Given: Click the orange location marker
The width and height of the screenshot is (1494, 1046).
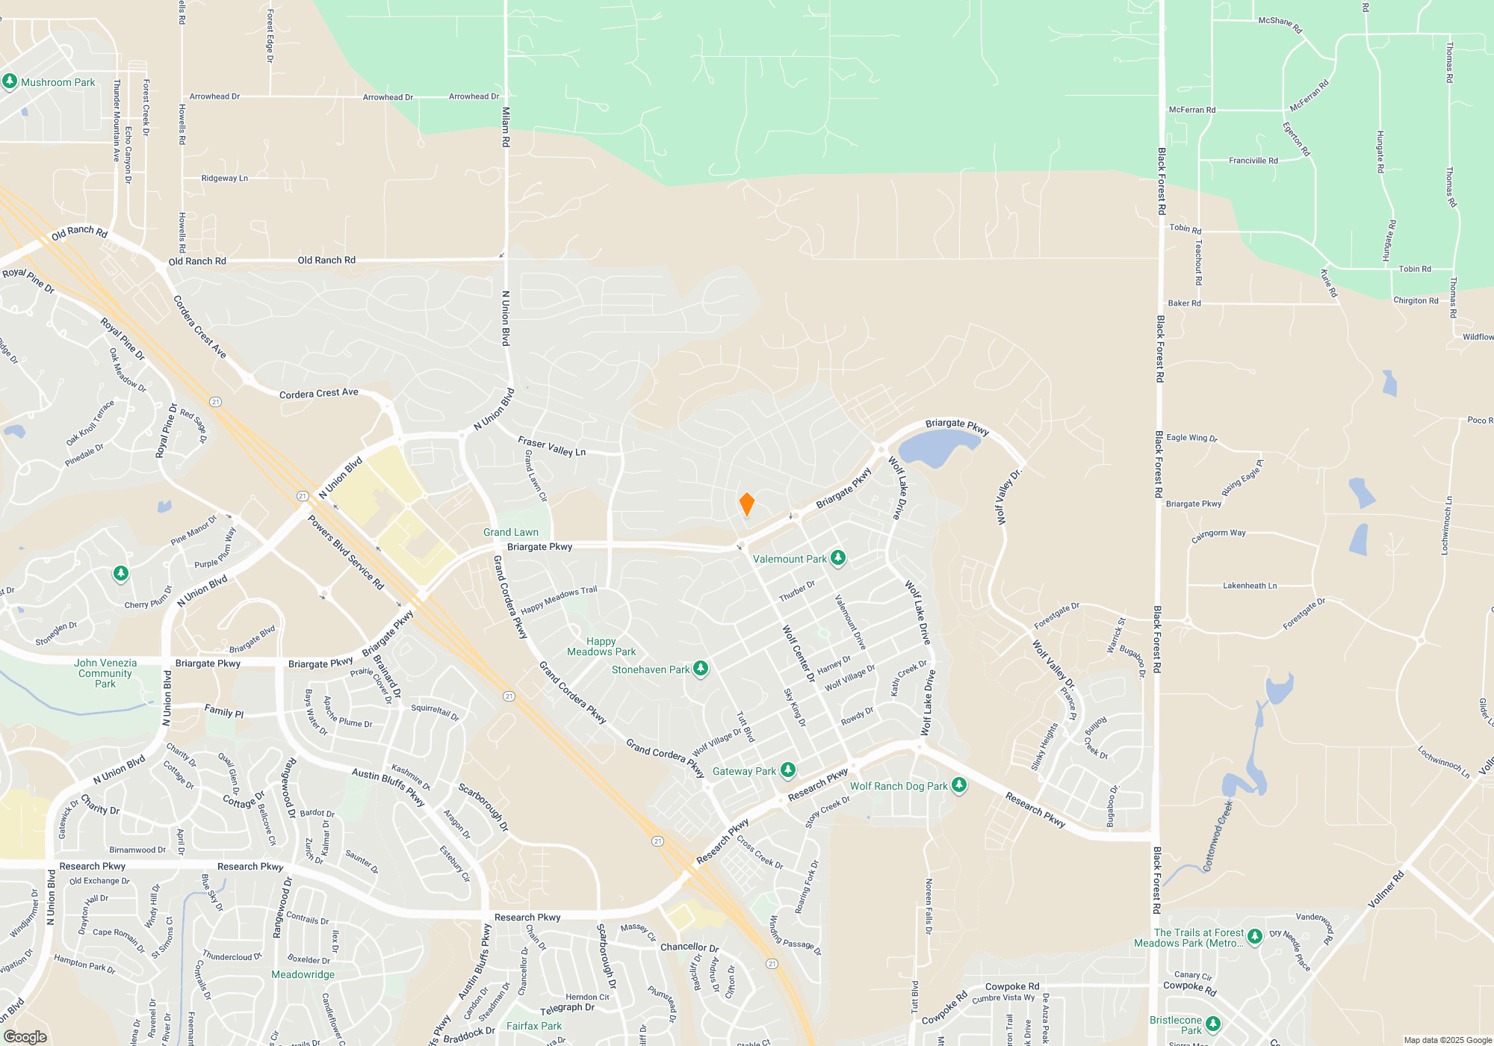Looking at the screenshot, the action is click(x=746, y=504).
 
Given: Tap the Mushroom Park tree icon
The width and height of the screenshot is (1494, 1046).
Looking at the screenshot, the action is click(x=10, y=81).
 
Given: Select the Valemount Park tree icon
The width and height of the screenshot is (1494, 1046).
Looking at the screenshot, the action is click(x=838, y=558).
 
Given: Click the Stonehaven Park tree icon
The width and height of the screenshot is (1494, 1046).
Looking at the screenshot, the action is click(x=701, y=669).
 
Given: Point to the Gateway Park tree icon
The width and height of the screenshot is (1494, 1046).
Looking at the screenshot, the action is click(x=788, y=770).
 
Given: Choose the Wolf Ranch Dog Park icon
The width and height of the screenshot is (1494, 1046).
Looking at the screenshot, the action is click(x=959, y=785).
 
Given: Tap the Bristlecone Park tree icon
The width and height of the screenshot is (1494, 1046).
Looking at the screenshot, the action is click(x=1213, y=1024).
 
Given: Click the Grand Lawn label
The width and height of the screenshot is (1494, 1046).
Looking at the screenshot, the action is click(x=510, y=532).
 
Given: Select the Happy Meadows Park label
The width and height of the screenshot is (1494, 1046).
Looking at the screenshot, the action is click(x=601, y=646).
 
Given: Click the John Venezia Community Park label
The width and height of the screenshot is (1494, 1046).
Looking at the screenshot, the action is click(x=105, y=673).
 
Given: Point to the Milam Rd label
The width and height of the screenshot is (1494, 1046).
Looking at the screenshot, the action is click(x=506, y=126).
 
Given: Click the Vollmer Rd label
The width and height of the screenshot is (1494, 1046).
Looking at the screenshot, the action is click(x=1386, y=889).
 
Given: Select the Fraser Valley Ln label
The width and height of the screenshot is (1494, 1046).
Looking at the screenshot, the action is click(x=551, y=447).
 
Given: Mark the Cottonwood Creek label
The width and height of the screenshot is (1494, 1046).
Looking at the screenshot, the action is click(x=1217, y=837).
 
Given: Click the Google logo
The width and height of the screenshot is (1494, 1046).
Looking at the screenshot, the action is click(x=25, y=1037).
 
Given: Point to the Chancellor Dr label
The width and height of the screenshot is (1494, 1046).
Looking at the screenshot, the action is click(x=689, y=947).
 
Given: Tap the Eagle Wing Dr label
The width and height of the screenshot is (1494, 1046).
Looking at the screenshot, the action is click(x=1191, y=438).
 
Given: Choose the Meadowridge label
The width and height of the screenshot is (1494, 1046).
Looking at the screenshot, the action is click(x=303, y=974).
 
